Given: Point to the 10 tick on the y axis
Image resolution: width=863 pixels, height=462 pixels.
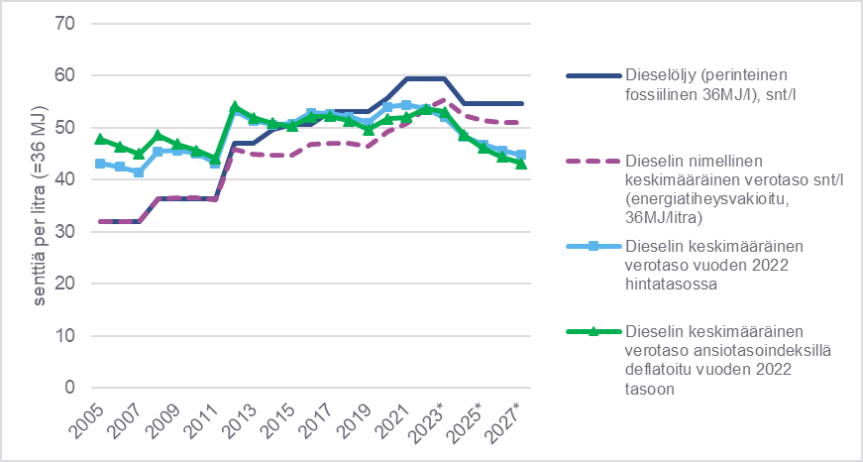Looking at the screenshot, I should pyautogui.click(x=67, y=335).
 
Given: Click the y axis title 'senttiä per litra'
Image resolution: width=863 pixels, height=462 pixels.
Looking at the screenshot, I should pyautogui.click(x=32, y=205).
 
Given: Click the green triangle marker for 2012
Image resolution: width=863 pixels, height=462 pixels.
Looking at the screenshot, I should pyautogui.click(x=235, y=106).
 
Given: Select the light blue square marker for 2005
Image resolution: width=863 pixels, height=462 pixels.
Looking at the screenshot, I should pyautogui.click(x=100, y=163).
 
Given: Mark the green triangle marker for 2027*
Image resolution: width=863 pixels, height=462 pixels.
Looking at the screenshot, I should pyautogui.click(x=521, y=164).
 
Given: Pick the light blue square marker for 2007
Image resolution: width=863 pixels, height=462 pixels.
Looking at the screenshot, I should pyautogui.click(x=139, y=173).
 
